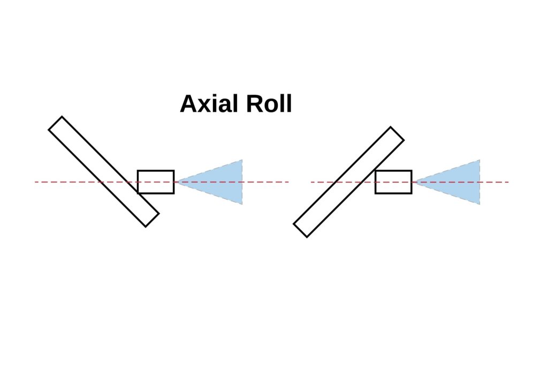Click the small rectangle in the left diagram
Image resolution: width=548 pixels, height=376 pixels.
tap(156, 182)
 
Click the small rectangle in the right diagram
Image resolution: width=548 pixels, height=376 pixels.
tap(393, 182)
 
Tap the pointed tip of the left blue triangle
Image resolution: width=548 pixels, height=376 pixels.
tap(177, 182)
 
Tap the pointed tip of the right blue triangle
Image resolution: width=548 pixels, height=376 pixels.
tap(415, 182)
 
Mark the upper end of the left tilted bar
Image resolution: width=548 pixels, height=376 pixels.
tap(56, 123)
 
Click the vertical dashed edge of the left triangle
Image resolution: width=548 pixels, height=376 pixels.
tap(242, 182)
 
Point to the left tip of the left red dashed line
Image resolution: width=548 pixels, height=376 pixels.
tap(35, 182)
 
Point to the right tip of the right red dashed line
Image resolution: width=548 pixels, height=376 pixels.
tap(508, 182)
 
